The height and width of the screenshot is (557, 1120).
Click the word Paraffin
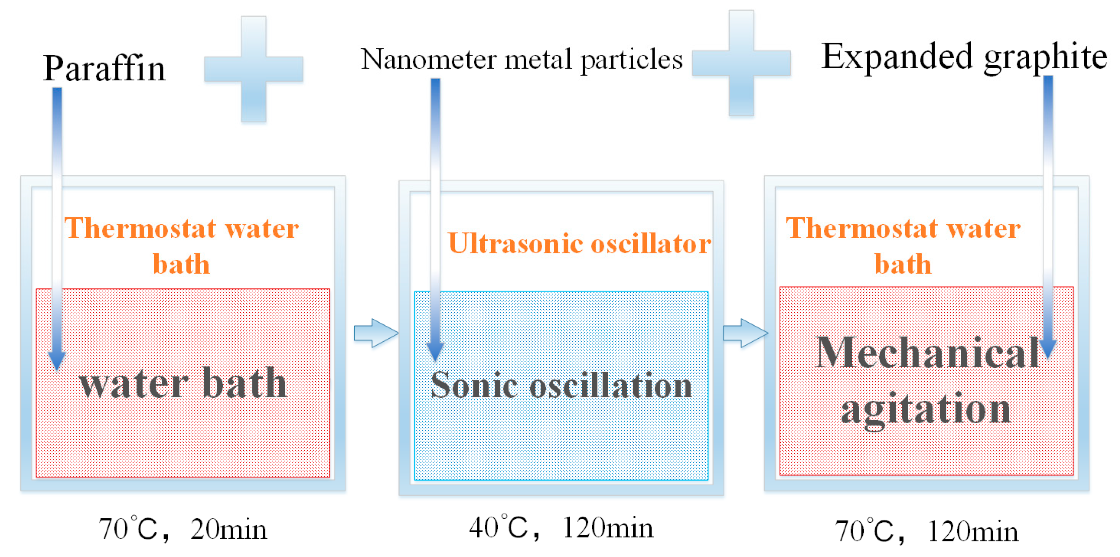coord(104,69)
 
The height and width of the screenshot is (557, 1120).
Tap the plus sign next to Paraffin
coord(254,69)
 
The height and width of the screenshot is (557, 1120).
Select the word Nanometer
coord(429,59)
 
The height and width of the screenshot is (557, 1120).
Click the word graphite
coord(1045,58)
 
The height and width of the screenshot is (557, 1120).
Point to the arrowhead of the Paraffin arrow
coord(56,359)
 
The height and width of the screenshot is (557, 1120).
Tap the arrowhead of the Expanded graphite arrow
coord(1048,348)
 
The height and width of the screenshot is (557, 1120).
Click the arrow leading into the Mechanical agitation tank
coord(745,333)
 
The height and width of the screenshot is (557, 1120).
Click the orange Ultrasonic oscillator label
coord(579,243)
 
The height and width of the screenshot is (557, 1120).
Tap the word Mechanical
coord(928,353)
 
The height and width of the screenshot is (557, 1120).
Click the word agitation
coord(926,410)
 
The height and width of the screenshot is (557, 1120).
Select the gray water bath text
coord(183,384)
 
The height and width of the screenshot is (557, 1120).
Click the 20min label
coord(229,530)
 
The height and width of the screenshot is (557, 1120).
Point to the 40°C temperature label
coord(498,528)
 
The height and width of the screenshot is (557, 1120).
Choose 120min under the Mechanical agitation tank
coord(972,531)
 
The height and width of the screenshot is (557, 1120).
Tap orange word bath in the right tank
coord(903,264)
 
